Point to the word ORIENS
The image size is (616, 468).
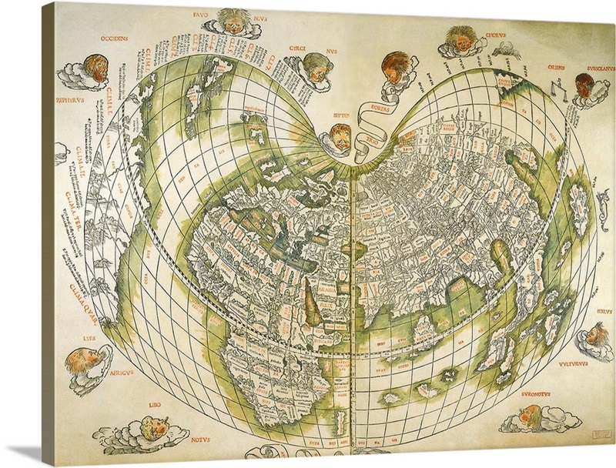[x=550, y=66]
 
